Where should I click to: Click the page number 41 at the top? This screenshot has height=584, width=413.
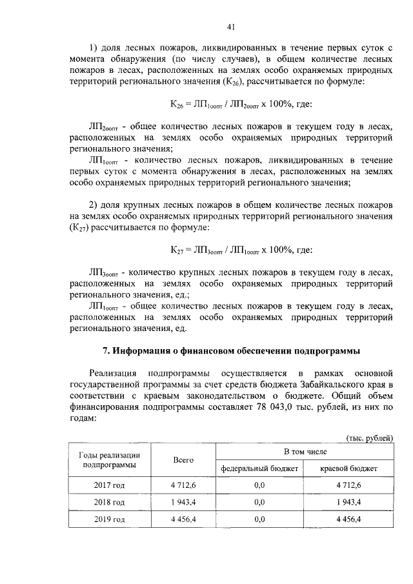click(x=230, y=26)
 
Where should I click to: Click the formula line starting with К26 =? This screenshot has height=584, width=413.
click(x=230, y=103)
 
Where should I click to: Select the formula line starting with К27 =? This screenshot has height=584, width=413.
click(x=230, y=250)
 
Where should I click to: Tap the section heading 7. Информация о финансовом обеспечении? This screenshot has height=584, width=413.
click(x=230, y=351)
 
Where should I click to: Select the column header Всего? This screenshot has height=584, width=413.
click(x=183, y=459)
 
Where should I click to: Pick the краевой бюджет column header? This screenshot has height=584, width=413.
click(x=348, y=468)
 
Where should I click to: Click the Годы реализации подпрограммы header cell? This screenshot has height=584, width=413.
click(x=109, y=459)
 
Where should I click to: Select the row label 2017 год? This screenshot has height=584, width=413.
click(x=109, y=485)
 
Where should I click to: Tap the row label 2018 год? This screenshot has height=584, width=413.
click(x=109, y=501)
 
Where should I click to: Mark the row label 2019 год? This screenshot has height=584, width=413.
click(x=109, y=519)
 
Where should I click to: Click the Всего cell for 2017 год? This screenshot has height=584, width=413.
click(x=183, y=485)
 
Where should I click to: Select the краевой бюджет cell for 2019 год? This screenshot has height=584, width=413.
click(x=348, y=519)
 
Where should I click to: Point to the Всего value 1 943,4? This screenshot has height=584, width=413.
click(x=183, y=501)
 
